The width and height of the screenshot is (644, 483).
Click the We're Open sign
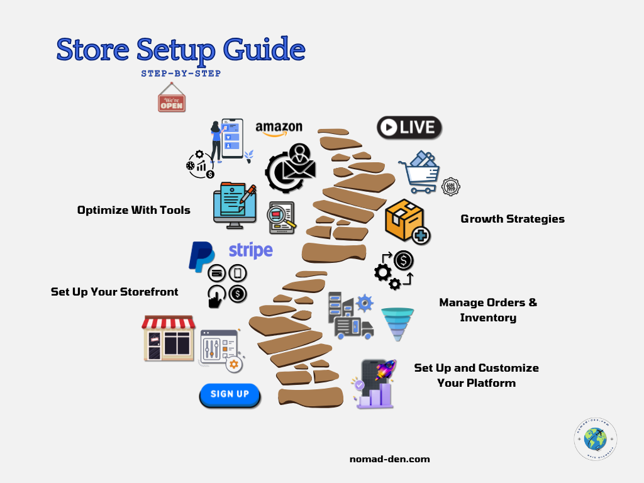(172, 100)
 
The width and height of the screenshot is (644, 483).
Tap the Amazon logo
(279, 128)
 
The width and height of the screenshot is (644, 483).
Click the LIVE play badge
(409, 128)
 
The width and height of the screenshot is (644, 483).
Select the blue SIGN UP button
(230, 394)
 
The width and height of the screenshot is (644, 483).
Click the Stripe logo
(250, 250)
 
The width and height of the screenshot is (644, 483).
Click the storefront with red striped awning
(168, 338)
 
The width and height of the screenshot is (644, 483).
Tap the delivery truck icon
(353, 327)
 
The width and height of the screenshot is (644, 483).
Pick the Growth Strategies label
(513, 219)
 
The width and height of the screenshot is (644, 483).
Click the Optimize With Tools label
(134, 210)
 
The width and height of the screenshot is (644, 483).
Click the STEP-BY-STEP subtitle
(181, 73)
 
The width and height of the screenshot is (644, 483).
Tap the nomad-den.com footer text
(389, 459)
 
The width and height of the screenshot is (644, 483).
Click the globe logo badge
(595, 439)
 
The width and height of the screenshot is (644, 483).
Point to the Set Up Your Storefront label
(114, 292)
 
